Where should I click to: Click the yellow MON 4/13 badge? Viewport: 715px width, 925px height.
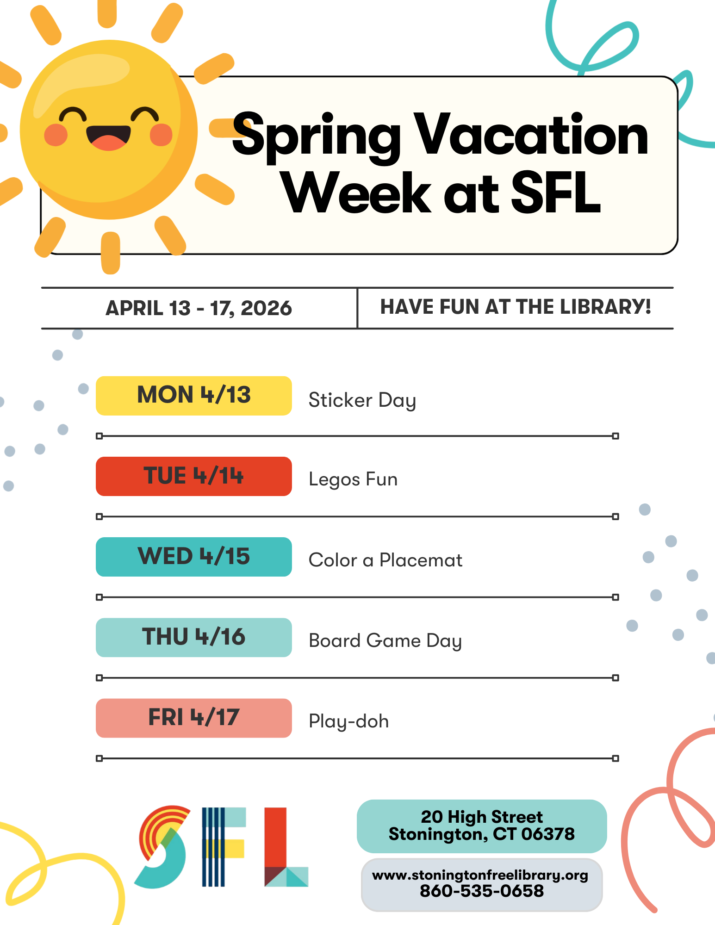pyautogui.click(x=193, y=396)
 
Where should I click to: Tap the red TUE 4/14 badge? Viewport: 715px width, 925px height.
pyautogui.click(x=193, y=476)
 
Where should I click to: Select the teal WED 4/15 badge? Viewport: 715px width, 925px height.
pyautogui.click(x=193, y=557)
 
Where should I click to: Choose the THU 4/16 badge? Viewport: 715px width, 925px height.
pyautogui.click(x=193, y=637)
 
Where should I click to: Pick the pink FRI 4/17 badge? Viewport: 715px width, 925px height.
pyautogui.click(x=193, y=718)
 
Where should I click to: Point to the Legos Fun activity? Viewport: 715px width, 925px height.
pyautogui.click(x=353, y=480)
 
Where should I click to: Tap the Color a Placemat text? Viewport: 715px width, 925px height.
pyautogui.click(x=385, y=560)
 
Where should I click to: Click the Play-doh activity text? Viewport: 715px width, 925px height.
pyautogui.click(x=348, y=721)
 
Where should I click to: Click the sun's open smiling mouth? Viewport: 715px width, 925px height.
pyautogui.click(x=108, y=137)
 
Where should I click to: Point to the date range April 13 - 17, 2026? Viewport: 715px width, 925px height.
pyautogui.click(x=199, y=308)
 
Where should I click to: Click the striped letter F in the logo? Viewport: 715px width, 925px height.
pyautogui.click(x=224, y=847)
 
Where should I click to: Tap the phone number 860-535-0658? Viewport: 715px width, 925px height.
pyautogui.click(x=482, y=891)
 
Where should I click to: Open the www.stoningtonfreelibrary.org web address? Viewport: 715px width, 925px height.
pyautogui.click(x=480, y=875)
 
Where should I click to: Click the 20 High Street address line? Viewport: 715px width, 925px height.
pyautogui.click(x=482, y=817)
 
